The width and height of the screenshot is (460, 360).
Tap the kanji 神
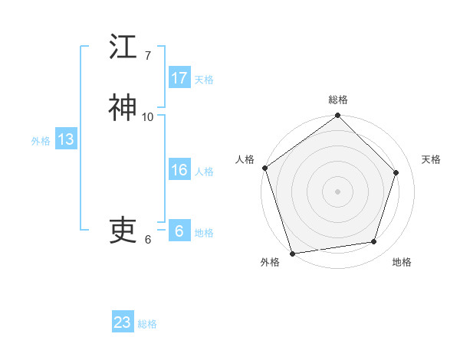pos(123,108)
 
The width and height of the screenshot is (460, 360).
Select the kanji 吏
pos(123,230)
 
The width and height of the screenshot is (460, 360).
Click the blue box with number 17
pos(179,78)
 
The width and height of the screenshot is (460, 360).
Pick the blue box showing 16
pos(179,171)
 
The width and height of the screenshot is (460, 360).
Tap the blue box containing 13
pos(65,140)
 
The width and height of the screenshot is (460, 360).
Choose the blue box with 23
pos(123,322)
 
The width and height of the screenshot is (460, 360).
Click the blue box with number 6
pos(179,231)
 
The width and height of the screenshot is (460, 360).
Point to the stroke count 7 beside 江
pos(148,55)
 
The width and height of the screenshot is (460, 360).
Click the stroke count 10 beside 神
pos(148,116)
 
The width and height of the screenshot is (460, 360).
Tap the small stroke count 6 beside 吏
pos(148,239)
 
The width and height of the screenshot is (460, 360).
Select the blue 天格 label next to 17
pos(204,79)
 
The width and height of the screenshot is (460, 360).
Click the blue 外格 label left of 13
pos(41,141)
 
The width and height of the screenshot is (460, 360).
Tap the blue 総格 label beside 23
pos(147,323)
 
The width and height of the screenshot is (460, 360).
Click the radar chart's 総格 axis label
pos(338,100)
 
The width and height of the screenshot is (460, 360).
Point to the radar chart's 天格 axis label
pos(432,159)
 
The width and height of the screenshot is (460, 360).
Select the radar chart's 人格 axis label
pos(245,159)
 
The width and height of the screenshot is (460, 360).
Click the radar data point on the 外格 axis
pos(292,253)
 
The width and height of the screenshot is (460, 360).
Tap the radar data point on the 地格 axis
pos(373,242)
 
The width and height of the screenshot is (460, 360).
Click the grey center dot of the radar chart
pos(338,191)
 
